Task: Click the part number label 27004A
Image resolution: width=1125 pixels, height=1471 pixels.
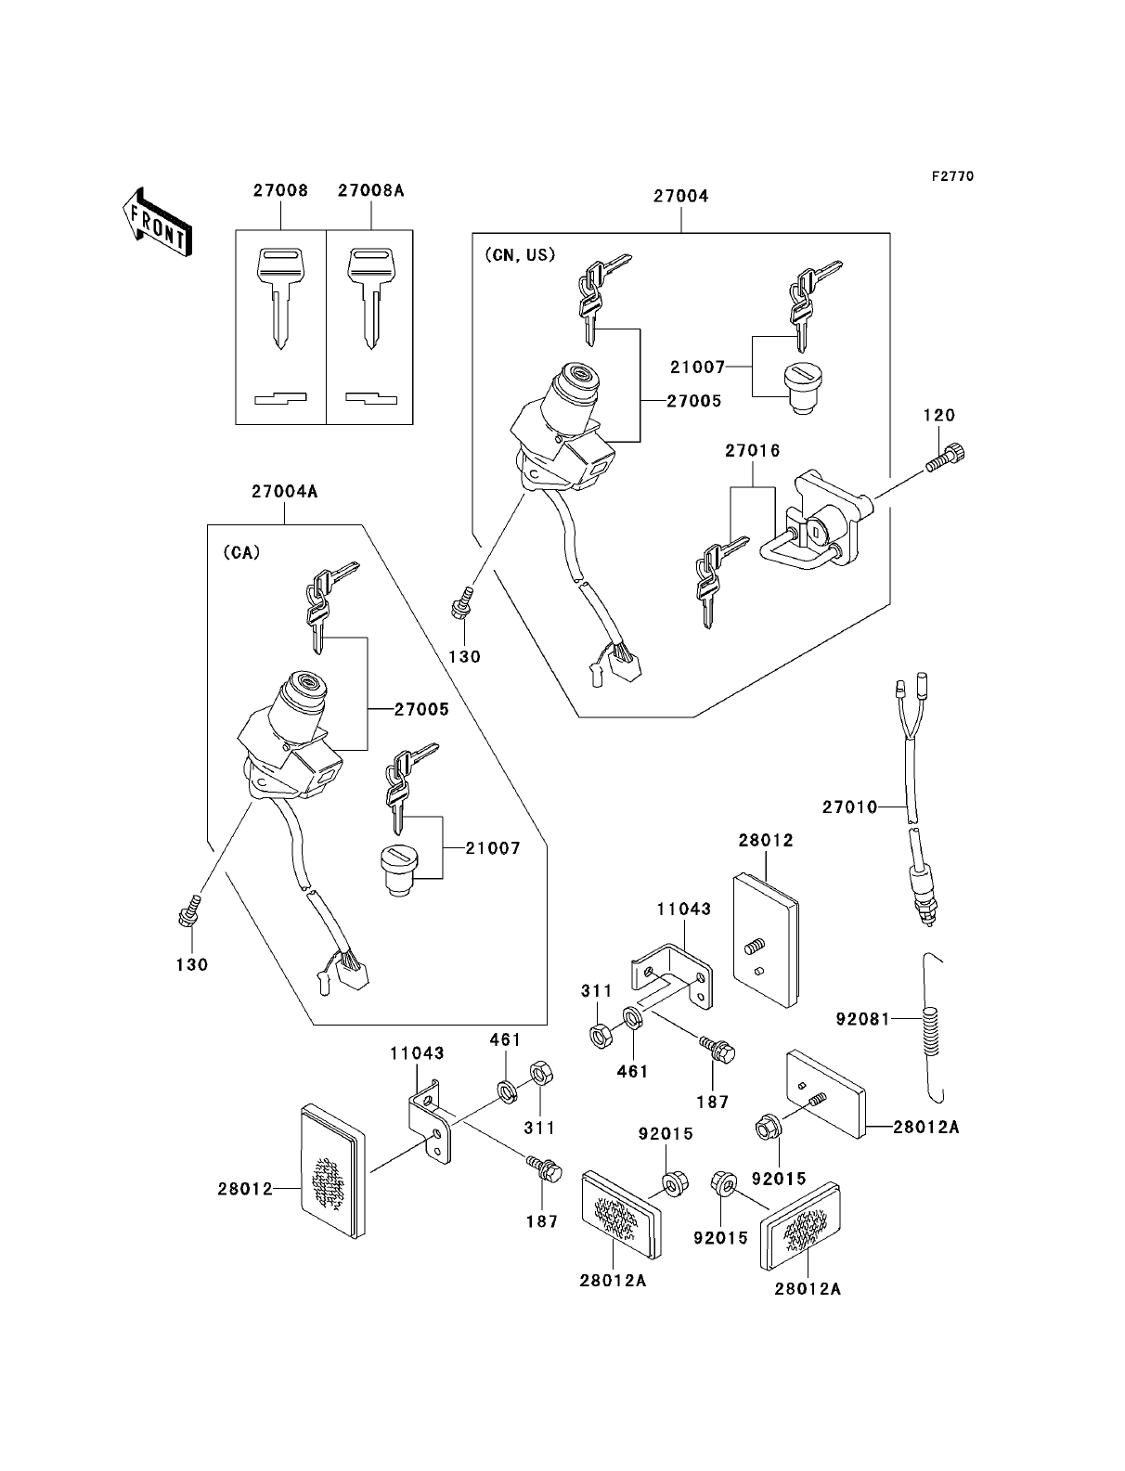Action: click(284, 492)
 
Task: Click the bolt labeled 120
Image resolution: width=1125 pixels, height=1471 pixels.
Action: click(944, 459)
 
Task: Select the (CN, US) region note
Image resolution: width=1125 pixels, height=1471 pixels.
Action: click(520, 255)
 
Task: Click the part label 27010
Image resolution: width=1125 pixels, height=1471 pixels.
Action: click(848, 807)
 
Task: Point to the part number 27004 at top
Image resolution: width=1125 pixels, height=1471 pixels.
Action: click(680, 196)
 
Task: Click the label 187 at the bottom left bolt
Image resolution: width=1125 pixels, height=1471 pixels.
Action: click(541, 1221)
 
